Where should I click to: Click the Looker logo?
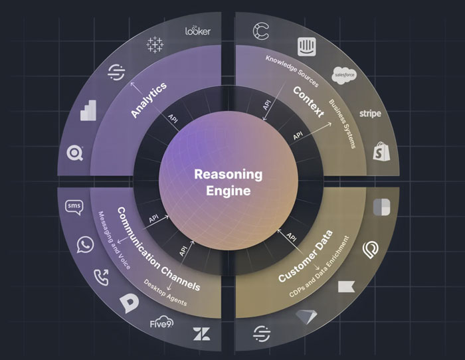pos(197,31)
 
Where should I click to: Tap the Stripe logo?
pos(370,114)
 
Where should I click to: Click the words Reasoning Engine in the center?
pos(227,182)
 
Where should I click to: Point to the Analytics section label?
pos(148,100)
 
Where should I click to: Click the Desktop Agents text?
pos(165,292)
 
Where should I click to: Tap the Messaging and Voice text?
pos(115,240)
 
